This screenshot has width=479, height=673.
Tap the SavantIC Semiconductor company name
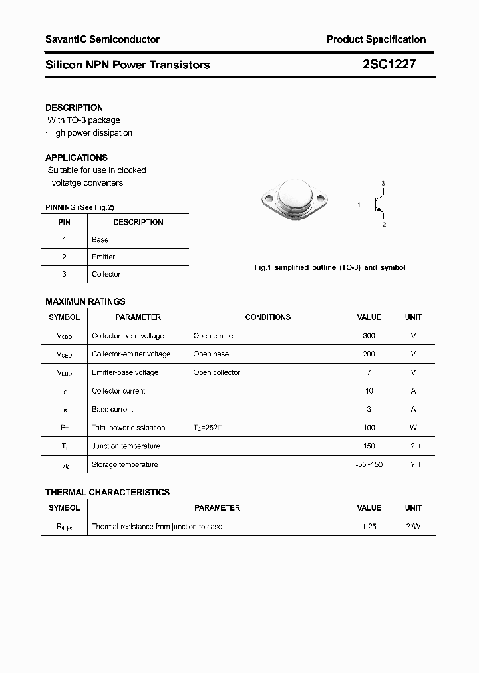102,39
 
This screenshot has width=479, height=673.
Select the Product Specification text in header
376,39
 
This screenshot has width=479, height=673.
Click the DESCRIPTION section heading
74,108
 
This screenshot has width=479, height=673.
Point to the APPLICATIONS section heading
76,158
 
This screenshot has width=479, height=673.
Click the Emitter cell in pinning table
103,257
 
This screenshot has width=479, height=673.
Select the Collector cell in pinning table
106,274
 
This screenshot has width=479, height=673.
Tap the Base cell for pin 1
100,239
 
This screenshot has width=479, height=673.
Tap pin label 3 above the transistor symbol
383,183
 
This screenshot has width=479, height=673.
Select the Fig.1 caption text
330,267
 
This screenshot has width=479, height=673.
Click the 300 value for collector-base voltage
369,336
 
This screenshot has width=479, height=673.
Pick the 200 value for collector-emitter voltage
369,354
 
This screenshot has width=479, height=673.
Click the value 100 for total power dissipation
369,428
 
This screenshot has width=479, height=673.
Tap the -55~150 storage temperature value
369,464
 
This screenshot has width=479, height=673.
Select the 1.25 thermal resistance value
369,527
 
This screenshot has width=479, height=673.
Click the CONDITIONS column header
267,317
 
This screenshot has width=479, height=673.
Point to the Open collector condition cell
216,372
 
